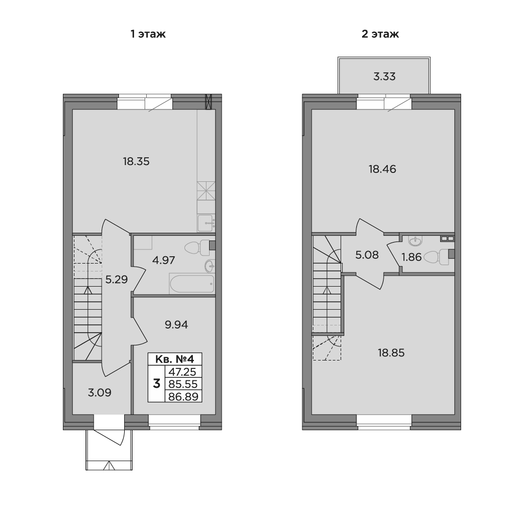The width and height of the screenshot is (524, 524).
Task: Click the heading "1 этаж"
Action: [148, 34]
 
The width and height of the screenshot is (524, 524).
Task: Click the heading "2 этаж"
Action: [380, 34]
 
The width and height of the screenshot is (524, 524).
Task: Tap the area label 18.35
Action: [136, 162]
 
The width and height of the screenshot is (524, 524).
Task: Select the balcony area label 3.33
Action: [384, 77]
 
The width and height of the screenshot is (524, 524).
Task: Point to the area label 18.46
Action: [383, 169]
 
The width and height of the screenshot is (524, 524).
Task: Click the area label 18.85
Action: [391, 353]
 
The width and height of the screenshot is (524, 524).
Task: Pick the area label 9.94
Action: [176, 324]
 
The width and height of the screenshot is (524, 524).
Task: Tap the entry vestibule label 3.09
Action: [100, 392]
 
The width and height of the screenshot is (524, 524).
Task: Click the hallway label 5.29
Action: [116, 279]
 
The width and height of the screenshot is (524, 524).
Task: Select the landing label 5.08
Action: [367, 255]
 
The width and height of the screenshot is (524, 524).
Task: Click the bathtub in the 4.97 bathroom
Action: [192, 284]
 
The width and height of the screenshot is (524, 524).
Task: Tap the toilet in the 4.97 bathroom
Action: [197, 248]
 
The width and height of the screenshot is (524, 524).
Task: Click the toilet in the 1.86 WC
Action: [436, 257]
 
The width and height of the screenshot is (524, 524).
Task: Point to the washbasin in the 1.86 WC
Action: [415, 241]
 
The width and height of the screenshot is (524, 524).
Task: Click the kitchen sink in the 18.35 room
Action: [206, 223]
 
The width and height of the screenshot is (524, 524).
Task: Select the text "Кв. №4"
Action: [175, 359]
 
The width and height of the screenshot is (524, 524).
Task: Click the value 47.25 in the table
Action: [183, 372]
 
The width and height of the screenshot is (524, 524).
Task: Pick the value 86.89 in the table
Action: [183, 397]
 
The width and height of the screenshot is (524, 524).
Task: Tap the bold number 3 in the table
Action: [156, 384]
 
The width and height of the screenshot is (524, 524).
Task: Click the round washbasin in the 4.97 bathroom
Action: [210, 266]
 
